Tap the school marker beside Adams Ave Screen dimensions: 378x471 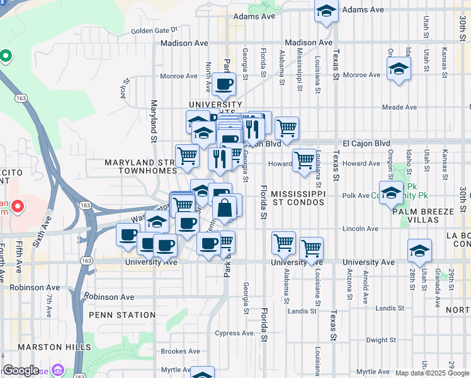pos(326,12)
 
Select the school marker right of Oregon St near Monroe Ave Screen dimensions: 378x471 pos(399,69)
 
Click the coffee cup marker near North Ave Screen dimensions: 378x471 pos(224,84)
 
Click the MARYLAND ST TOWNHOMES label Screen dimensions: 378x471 pos(139,166)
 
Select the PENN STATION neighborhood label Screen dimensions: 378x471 pos(122,315)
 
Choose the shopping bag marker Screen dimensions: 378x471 pos(225,207)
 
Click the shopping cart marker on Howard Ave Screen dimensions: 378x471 pos(305,161)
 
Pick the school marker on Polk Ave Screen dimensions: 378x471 pos(391,192)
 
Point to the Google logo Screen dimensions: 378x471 pos(21,370)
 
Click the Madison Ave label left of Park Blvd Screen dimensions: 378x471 pos(184,43)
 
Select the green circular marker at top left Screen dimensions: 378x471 pos(6,56)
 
